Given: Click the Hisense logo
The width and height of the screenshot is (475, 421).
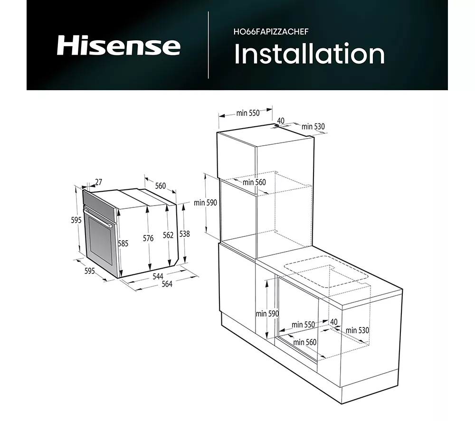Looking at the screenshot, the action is coord(119,46).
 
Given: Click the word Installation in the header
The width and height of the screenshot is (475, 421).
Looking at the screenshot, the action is coord(309,54).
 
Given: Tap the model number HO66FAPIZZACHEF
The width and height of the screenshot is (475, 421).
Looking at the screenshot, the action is coord(271,32).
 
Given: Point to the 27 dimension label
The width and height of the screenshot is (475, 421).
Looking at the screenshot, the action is coord(98,182).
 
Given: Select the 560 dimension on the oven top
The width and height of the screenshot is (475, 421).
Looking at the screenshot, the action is coord(160,186).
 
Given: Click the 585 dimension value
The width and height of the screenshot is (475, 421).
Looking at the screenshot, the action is coord(123,243).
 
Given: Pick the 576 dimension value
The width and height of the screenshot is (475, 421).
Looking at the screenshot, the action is coord(148,238).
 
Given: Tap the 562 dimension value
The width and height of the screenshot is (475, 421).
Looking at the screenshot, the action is coord(168,235).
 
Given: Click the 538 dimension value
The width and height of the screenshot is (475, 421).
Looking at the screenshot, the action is coord(184,234).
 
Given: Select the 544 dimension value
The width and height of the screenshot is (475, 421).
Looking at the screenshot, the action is coord(158,276).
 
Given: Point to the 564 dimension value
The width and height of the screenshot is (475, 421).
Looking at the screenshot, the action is coord(167,284).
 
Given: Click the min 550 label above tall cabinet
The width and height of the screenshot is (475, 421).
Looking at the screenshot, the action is coord(248,113).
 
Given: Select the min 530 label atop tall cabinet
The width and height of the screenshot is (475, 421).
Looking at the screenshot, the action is coord(313,127).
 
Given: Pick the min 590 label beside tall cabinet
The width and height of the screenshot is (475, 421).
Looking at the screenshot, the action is coord(205,203).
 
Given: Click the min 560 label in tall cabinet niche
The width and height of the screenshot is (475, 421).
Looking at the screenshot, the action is coord(254,182).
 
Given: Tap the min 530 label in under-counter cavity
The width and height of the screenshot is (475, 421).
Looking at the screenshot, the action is coord(358,330).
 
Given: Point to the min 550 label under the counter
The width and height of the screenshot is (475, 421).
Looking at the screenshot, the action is coord(303,325).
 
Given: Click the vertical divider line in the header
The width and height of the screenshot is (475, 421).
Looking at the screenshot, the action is coord(209,45).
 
